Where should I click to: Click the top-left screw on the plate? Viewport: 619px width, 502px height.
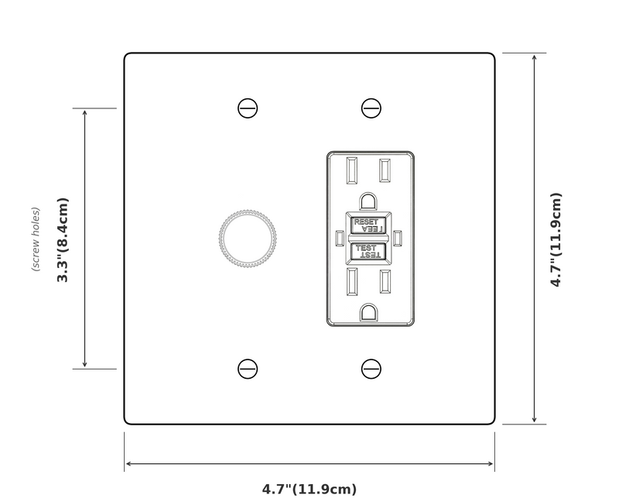click(x=248, y=108)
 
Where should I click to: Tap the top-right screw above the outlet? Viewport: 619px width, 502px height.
click(x=371, y=108)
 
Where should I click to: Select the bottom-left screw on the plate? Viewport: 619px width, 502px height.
click(x=248, y=369)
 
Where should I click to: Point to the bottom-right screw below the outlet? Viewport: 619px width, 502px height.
click(x=371, y=369)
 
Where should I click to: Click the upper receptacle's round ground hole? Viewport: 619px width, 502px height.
click(x=370, y=201)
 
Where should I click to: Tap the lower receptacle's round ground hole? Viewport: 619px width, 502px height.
click(x=370, y=311)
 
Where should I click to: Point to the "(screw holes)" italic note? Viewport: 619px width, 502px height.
click(x=36, y=239)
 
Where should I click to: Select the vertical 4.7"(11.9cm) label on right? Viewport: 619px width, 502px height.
click(x=556, y=239)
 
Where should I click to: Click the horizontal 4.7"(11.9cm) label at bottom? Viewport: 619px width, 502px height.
click(x=309, y=489)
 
